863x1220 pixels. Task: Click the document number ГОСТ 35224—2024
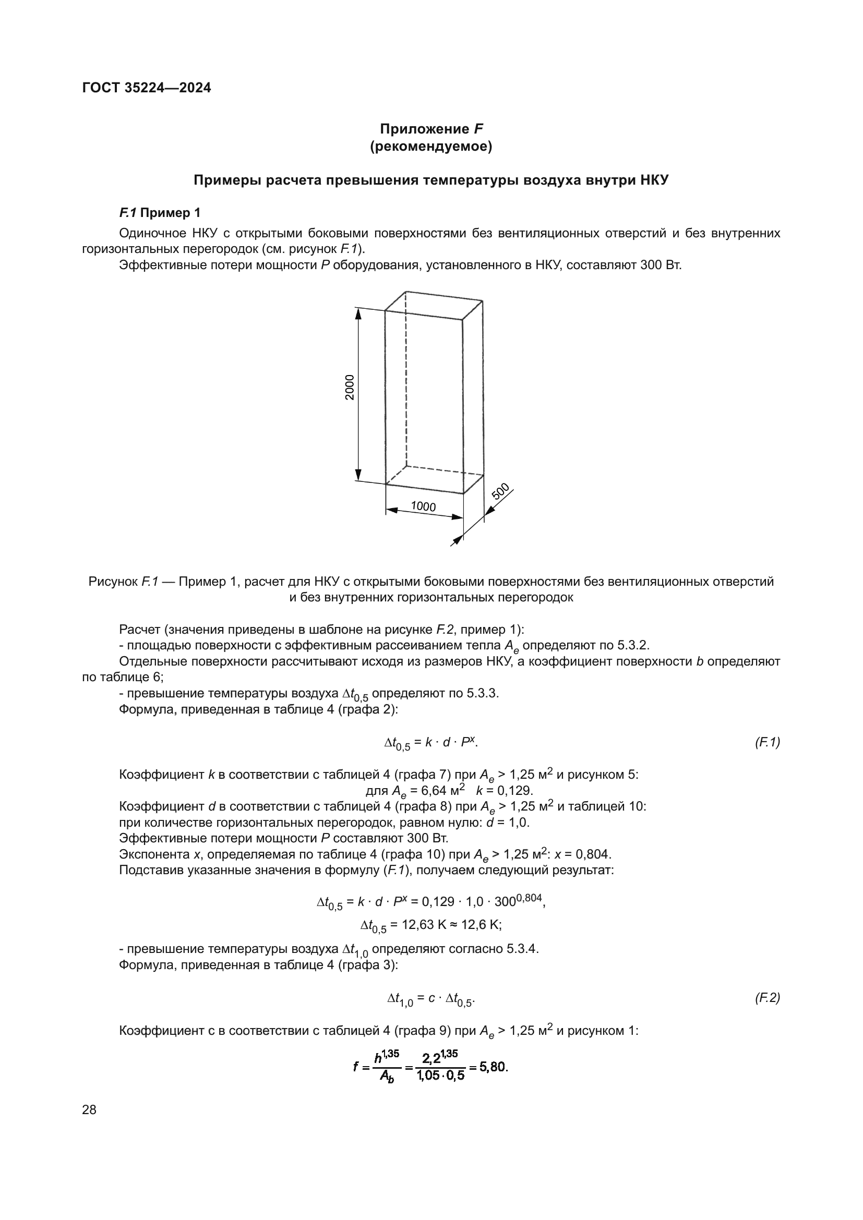pyautogui.click(x=147, y=88)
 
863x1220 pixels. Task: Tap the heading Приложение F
pyautogui.click(x=431, y=129)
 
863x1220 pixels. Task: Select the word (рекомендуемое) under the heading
pyautogui.click(x=431, y=146)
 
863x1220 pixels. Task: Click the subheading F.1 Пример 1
pyautogui.click(x=160, y=213)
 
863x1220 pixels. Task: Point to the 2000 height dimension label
pyautogui.click(x=349, y=388)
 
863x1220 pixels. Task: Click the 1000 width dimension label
pyautogui.click(x=423, y=506)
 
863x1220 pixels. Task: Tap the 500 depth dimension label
pyautogui.click(x=500, y=491)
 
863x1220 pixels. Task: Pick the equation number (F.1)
pyautogui.click(x=767, y=742)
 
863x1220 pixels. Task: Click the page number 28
pyautogui.click(x=89, y=1109)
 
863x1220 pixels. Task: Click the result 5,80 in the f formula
pyautogui.click(x=494, y=1067)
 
